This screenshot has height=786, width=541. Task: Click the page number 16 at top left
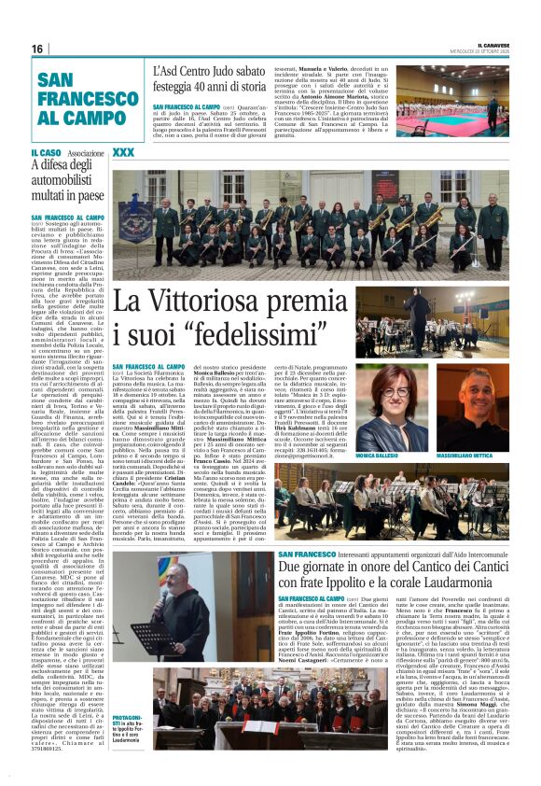(x=37, y=49)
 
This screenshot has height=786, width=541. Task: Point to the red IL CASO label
(x=46, y=152)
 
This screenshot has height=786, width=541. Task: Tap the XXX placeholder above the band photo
(x=123, y=152)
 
